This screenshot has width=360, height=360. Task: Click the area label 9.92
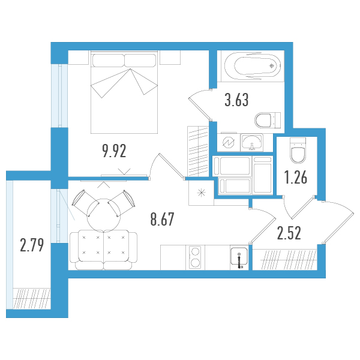point(115,151)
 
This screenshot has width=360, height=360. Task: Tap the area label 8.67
point(163,219)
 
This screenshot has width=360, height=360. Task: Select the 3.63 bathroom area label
point(236,100)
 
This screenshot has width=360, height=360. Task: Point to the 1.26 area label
point(296,178)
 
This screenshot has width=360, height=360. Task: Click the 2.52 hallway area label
point(289,233)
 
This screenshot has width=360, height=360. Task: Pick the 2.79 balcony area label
point(32,245)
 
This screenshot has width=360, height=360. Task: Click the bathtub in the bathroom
point(253,66)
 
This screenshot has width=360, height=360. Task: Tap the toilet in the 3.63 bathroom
point(268,120)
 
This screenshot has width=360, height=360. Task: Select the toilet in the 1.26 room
point(298,151)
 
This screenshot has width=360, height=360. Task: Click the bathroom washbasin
point(252,142)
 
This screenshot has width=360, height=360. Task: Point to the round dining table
point(104,215)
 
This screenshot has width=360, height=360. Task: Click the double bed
point(124,92)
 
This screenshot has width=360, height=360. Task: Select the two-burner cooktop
point(195,257)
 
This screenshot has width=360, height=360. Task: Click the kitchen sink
point(239,257)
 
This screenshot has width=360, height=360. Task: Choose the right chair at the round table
point(122,203)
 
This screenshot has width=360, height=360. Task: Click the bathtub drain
point(272,66)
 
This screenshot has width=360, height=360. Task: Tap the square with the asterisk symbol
point(201,193)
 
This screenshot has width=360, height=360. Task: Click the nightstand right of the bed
point(170,58)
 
